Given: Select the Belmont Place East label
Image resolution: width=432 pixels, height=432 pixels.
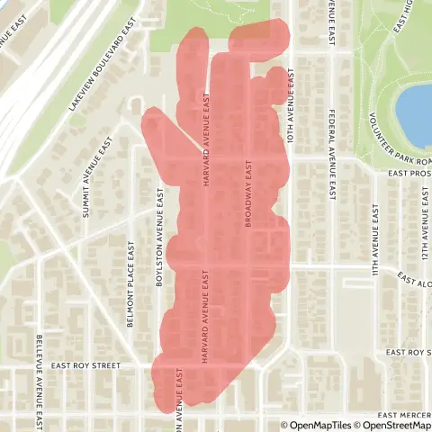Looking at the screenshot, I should point(131,275).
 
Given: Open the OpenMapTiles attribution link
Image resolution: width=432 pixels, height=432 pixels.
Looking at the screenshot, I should point(316,426).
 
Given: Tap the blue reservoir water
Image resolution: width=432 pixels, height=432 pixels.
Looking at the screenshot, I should point(416,115).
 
